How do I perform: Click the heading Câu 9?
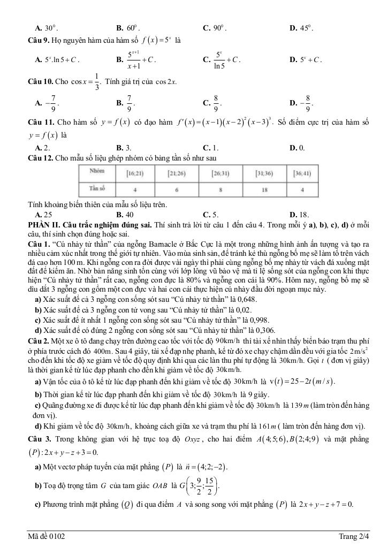point(39,40)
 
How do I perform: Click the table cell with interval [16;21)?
point(133,173)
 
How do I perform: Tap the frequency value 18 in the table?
point(265,190)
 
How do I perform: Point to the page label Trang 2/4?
point(354,536)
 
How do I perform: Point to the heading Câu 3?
point(40,438)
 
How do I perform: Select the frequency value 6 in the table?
point(177,190)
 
